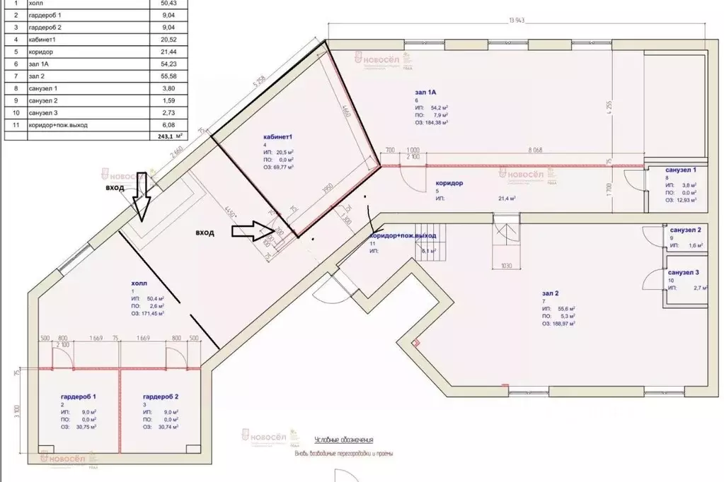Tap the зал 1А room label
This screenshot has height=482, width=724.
(426, 93)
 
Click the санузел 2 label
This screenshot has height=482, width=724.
(684, 230)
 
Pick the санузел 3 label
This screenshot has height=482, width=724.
(684, 272)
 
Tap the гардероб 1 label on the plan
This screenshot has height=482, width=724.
(78, 397)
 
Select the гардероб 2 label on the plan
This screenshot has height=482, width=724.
(161, 397)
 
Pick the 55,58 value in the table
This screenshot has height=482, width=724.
(159, 75)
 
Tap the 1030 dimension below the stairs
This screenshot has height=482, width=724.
(507, 266)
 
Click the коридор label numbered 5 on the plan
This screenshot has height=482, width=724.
(449, 183)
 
